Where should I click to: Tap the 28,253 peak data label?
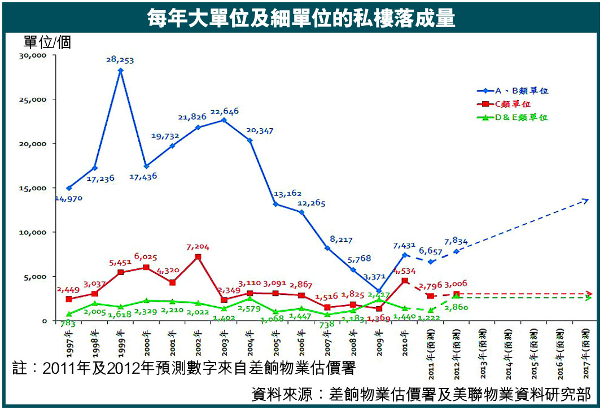pyautogui.click(x=120, y=59)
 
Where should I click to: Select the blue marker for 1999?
pyautogui.click(x=120, y=71)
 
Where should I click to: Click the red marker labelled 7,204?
pyautogui.click(x=198, y=257)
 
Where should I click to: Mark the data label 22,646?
pyautogui.click(x=224, y=111)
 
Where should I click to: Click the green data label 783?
pyautogui.click(x=68, y=324)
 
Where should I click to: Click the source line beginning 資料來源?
pyautogui.click(x=421, y=394)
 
